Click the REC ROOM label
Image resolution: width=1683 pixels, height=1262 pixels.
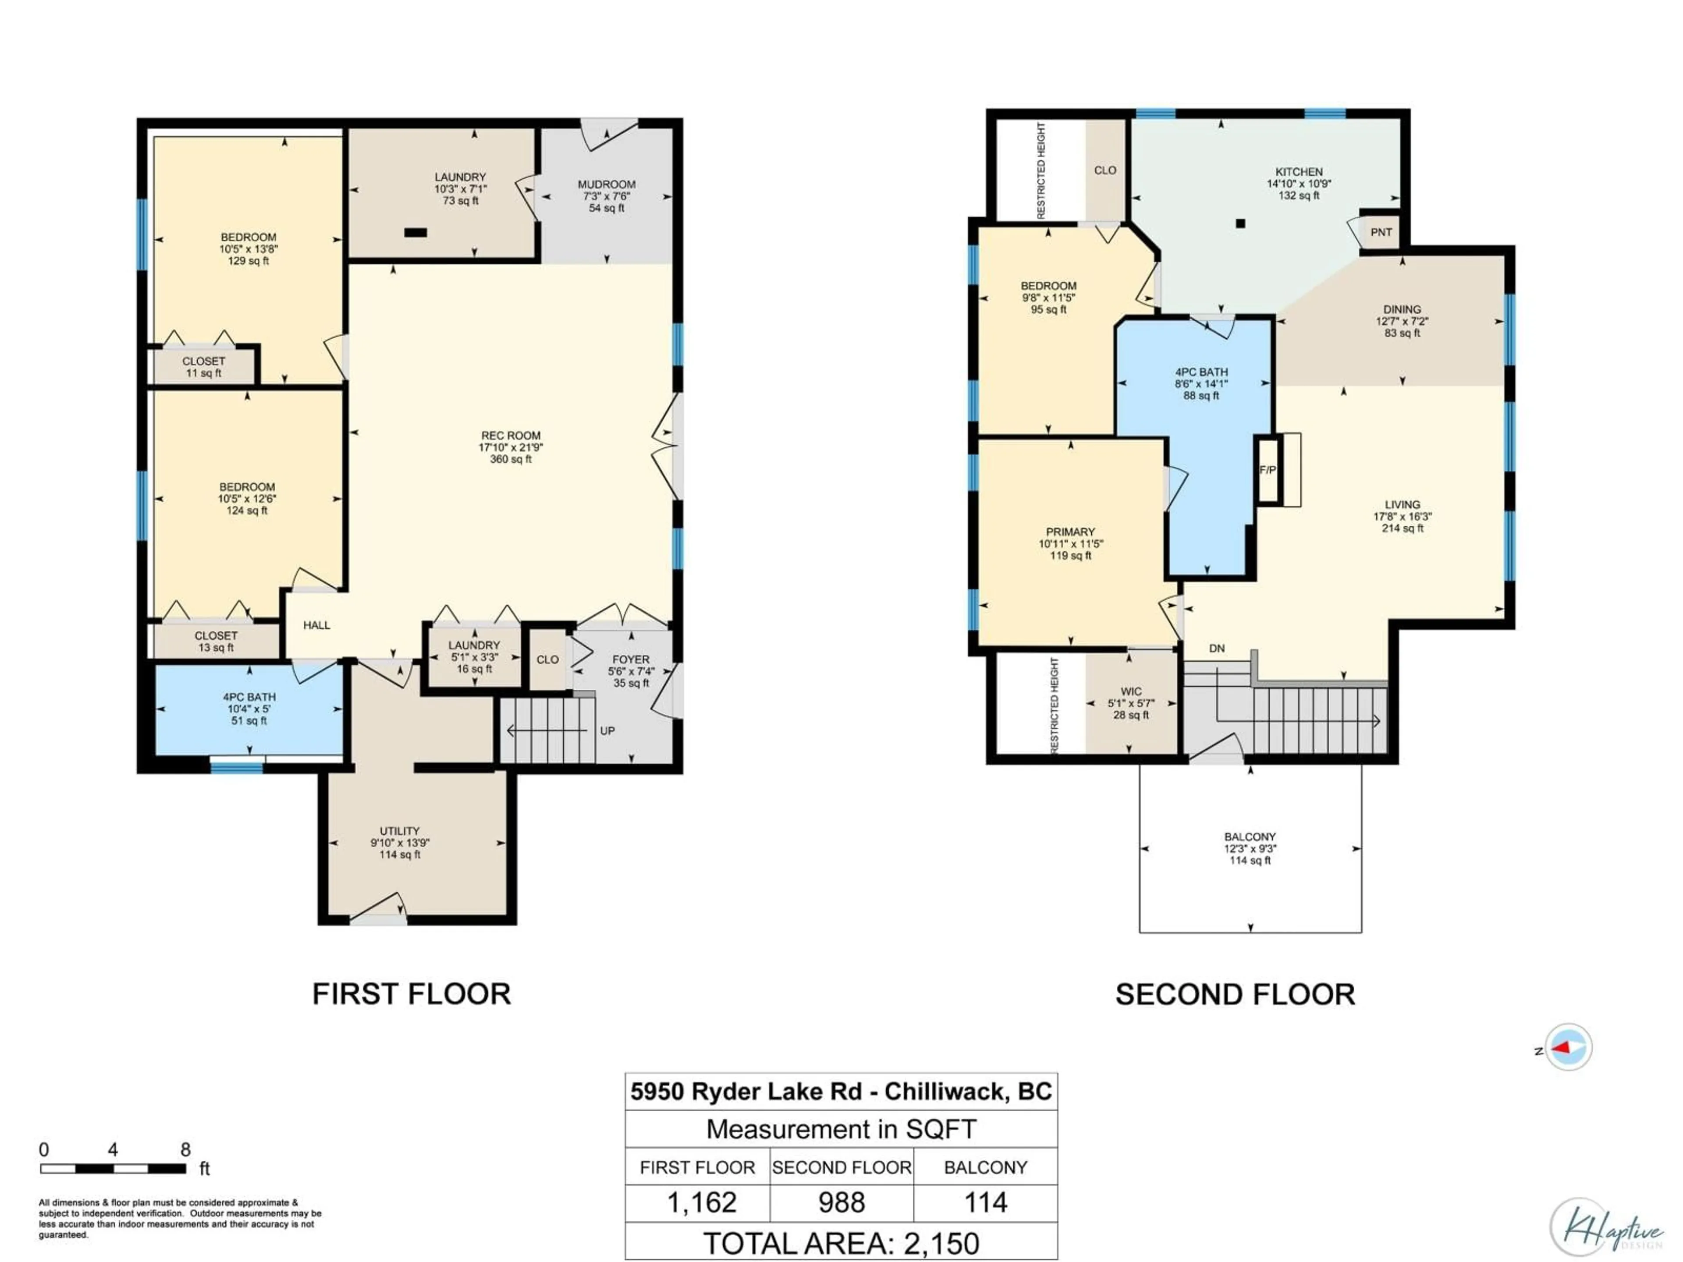[x=511, y=436]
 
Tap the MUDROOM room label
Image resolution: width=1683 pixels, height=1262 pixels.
[x=607, y=184]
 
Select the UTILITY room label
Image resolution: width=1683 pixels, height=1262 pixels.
[x=399, y=831]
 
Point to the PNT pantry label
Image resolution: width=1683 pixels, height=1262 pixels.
[x=1381, y=232]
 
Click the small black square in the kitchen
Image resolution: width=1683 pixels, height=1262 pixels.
[x=1240, y=223]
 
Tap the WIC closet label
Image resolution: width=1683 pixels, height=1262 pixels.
[x=1131, y=691]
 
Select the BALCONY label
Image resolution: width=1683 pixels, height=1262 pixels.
[x=1250, y=837]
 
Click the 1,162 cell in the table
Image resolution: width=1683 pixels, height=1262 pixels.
[x=702, y=1203]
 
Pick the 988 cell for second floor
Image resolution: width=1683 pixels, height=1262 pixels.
[x=841, y=1203]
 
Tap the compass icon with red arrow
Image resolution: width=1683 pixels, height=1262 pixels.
[x=1568, y=1047]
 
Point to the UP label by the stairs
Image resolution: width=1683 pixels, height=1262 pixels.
[x=607, y=731]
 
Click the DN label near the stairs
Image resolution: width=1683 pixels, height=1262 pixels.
[x=1217, y=648]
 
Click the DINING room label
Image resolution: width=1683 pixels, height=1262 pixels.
[x=1402, y=310]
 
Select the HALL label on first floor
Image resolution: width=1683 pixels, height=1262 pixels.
[x=316, y=625]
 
